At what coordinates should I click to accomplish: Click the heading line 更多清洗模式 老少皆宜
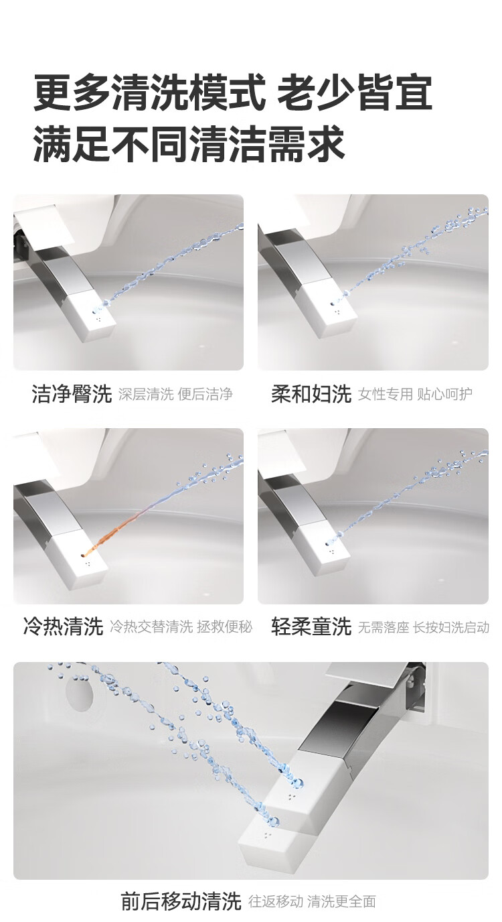pos(233,92)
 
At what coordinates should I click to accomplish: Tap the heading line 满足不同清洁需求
pos(189,143)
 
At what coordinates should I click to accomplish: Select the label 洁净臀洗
pos(72,394)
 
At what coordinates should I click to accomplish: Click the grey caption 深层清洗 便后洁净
pos(175,394)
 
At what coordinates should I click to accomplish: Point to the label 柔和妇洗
pos(311,394)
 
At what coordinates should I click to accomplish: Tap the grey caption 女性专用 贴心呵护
pos(415,394)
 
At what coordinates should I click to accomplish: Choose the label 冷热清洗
pos(63,627)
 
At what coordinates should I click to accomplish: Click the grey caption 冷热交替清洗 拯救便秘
pos(181,627)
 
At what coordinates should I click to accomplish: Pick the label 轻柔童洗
pos(311,627)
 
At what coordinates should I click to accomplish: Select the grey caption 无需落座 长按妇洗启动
pos(424,627)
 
